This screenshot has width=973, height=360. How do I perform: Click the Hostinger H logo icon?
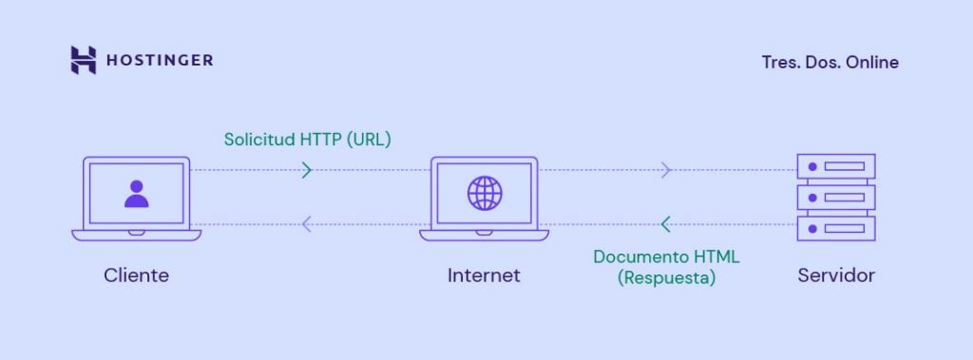pyautogui.click(x=84, y=60)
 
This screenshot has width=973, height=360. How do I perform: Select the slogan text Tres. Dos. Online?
pyautogui.click(x=830, y=63)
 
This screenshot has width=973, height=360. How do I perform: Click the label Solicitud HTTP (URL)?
pyautogui.click(x=307, y=139)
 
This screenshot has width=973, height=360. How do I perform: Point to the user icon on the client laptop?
pyautogui.click(x=137, y=193)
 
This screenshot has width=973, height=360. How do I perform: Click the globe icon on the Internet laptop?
pyautogui.click(x=484, y=193)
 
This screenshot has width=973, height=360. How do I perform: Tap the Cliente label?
pyautogui.click(x=137, y=275)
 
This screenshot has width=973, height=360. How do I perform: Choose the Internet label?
pyautogui.click(x=484, y=275)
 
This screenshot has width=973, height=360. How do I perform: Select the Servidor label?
pyautogui.click(x=836, y=275)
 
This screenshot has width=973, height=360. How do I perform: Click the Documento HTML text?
pyautogui.click(x=665, y=256)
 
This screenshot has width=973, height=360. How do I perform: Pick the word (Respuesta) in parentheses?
pyautogui.click(x=665, y=279)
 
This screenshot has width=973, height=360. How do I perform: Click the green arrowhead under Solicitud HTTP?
pyautogui.click(x=306, y=170)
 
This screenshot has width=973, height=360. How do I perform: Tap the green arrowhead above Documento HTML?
pyautogui.click(x=665, y=224)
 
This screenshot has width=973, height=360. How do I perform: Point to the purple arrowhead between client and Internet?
pyautogui.click(x=306, y=224)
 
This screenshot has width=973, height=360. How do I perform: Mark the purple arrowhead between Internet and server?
pyautogui.click(x=666, y=170)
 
